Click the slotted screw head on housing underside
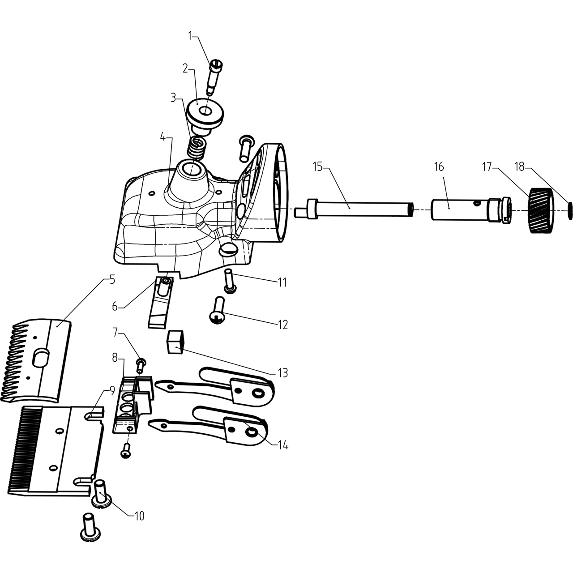[228, 249]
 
